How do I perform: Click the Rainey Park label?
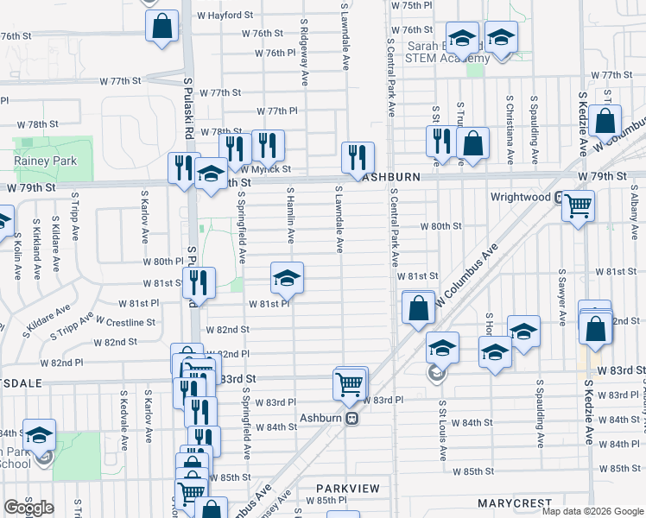[45, 161]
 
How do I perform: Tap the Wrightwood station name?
[521, 197]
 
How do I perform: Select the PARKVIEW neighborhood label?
[347, 489]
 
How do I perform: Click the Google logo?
[28, 508]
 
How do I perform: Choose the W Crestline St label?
[125, 322]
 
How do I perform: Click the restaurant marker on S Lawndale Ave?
[358, 157]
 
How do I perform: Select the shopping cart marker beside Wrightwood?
[578, 205]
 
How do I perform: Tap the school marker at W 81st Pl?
[287, 277]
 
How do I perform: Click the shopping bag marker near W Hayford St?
[161, 26]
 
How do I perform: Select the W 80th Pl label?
[161, 262]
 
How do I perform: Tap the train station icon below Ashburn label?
[351, 419]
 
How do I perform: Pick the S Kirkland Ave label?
[38, 253]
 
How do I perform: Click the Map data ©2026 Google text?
[592, 511]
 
